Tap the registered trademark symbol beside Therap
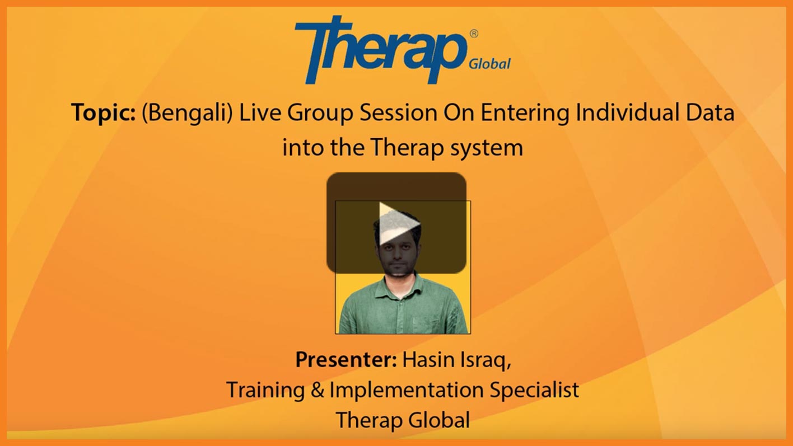tap(474, 34)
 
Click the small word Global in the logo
tap(489, 64)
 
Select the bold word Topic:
tap(104, 112)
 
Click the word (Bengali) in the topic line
tap(187, 113)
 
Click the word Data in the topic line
tap(710, 112)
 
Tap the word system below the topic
tap(487, 148)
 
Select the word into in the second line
tap(304, 147)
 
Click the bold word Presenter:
tap(346, 359)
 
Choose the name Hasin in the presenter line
tap(428, 359)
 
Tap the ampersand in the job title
tap(317, 390)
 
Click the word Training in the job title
tap(265, 391)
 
